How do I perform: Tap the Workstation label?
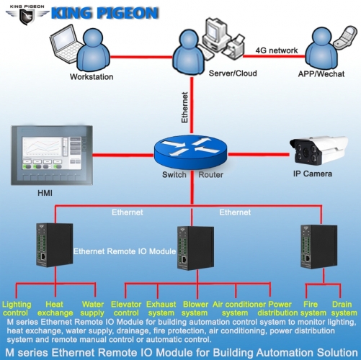pos(92,76)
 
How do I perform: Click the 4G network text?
pos(276,50)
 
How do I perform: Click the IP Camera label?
pos(313,174)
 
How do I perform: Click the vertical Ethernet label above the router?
pos(185,109)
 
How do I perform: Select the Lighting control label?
pos(17,309)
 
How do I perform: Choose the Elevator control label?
pos(126,309)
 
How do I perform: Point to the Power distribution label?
pos(282,309)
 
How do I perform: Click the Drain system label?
pos(344,309)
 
